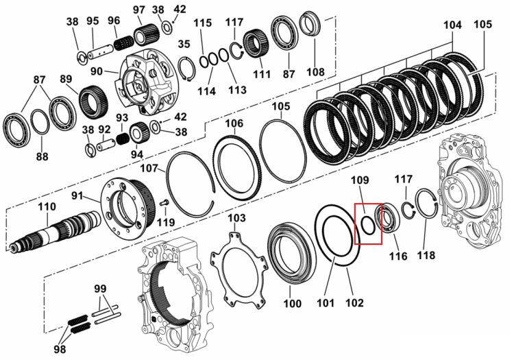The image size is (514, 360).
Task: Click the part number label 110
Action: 47,207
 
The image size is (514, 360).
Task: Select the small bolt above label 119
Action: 164,203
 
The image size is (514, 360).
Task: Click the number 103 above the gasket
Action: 236,217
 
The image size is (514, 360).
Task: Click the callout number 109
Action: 360,180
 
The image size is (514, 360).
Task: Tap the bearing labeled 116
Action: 388,217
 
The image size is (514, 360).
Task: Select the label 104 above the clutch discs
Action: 452,25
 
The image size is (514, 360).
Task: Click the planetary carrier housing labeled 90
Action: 147,82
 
